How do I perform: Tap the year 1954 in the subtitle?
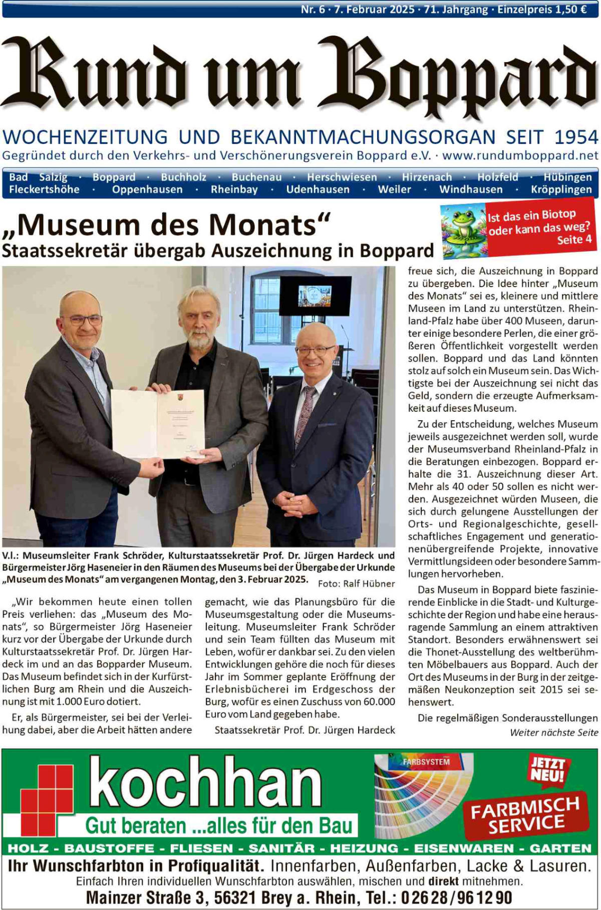click(x=576, y=137)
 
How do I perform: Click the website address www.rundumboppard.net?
click(x=520, y=156)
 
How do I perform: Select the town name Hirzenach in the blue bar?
click(x=427, y=177)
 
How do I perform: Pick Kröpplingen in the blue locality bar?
click(x=561, y=190)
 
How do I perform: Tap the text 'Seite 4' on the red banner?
click(x=574, y=240)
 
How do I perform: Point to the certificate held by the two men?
click(x=158, y=423)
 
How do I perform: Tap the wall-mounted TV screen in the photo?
click(x=315, y=295)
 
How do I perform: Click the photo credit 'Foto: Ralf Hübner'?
click(x=356, y=583)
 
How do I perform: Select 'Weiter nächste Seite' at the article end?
click(x=554, y=732)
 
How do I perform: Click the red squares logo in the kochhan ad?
click(x=47, y=795)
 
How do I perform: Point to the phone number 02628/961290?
click(x=456, y=897)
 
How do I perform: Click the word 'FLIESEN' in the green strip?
click(x=201, y=848)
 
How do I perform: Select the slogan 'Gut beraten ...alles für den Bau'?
click(x=219, y=825)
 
